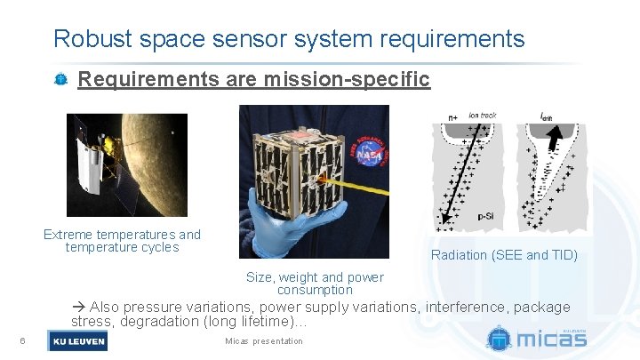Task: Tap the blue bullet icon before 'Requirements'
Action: (x=60, y=80)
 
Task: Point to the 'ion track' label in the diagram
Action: (x=483, y=115)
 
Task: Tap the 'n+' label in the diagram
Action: (x=453, y=116)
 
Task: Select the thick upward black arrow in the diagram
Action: (x=553, y=141)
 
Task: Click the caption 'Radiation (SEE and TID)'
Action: (x=504, y=255)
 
